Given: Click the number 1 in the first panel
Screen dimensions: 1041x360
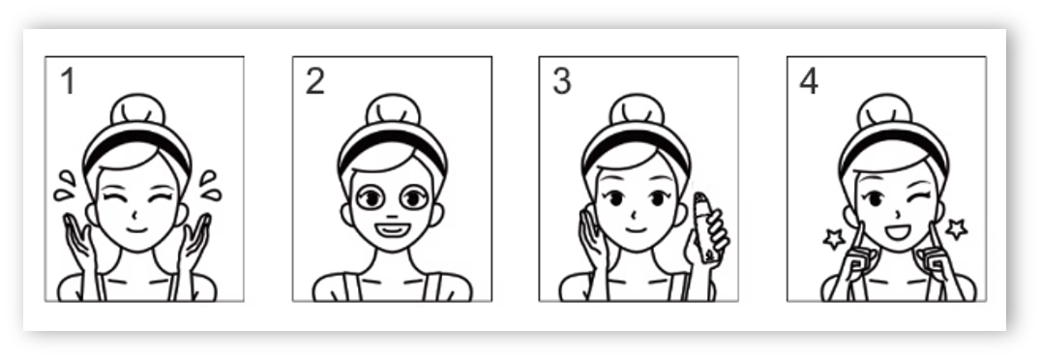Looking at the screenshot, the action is [x=69, y=81].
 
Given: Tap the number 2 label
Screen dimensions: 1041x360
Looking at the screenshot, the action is [x=315, y=81].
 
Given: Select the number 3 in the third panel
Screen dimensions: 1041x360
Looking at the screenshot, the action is [x=562, y=81].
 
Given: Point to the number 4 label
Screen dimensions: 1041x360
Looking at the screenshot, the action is [x=809, y=81].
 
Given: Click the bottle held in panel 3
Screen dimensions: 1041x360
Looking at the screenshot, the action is [x=705, y=227].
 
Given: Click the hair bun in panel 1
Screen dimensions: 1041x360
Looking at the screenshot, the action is [x=137, y=109].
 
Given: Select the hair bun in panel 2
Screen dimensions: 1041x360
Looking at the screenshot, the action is [x=393, y=109].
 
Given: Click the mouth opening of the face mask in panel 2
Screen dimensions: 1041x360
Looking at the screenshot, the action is [x=392, y=230].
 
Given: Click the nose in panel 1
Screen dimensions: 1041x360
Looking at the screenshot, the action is [x=137, y=214].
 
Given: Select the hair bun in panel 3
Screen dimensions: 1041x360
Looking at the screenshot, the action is [x=637, y=109].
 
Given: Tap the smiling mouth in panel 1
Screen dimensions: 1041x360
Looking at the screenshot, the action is [x=136, y=230].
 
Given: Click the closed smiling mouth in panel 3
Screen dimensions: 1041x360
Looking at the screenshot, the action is [x=637, y=230].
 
